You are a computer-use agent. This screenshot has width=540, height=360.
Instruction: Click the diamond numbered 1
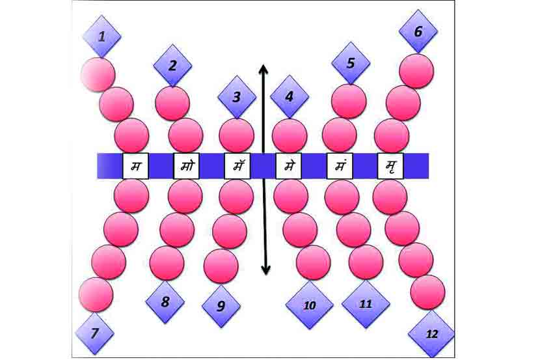click(x=101, y=36)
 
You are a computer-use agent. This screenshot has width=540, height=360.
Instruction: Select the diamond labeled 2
click(x=172, y=65)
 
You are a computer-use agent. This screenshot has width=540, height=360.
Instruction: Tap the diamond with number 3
click(x=236, y=98)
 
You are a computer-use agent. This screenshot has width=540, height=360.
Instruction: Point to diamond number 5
click(x=351, y=63)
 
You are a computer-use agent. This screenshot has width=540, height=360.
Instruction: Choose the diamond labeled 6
click(x=418, y=31)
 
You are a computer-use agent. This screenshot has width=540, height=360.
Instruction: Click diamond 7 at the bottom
click(x=95, y=334)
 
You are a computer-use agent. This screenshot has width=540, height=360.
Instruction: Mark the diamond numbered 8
click(x=165, y=301)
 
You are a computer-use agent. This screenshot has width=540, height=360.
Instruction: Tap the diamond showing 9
click(x=222, y=305)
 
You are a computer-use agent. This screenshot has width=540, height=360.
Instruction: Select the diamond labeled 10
click(x=309, y=305)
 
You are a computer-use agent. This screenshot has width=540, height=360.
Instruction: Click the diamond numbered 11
click(x=365, y=303)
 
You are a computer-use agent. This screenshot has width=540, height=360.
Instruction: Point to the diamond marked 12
click(x=431, y=333)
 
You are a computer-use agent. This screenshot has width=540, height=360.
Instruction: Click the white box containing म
click(x=136, y=165)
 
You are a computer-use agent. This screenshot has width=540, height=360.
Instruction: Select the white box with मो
click(x=187, y=165)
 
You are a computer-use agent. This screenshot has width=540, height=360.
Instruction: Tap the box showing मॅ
click(x=237, y=165)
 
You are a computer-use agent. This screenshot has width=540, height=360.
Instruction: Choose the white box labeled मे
click(x=288, y=165)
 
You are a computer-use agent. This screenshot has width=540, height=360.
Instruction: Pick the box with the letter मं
click(x=340, y=165)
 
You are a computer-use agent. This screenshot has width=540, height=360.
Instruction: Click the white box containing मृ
click(x=390, y=165)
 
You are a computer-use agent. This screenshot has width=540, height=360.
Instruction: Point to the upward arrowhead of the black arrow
click(x=262, y=68)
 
